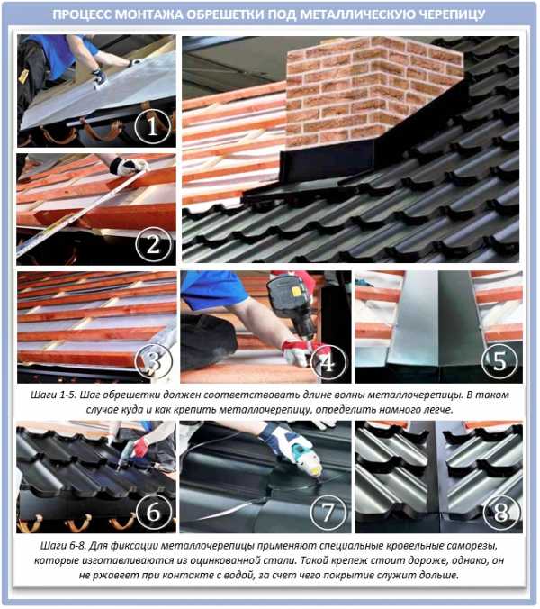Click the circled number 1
coord(153,126)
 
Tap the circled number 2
coord(153,244)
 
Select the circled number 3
coord(153,362)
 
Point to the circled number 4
coord(328,362)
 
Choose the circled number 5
coord(499,361)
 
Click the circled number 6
coord(153,512)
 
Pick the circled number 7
coord(328,512)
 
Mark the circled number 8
coord(500,512)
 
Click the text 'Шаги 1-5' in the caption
coord(54,395)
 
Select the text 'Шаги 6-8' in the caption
coord(63,546)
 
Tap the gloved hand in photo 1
coord(99,77)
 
